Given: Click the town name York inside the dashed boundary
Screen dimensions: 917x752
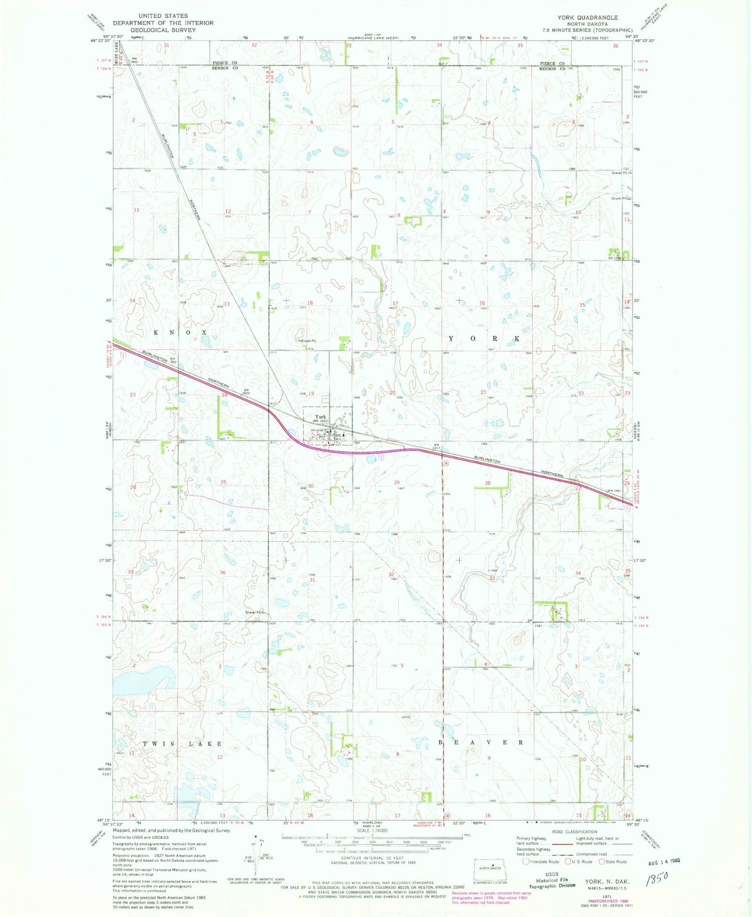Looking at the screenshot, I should click(x=320, y=416).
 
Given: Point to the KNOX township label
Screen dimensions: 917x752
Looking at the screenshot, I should click(x=180, y=333).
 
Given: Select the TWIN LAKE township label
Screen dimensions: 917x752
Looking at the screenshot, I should click(x=182, y=743).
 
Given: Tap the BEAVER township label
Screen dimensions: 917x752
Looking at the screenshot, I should click(x=481, y=742).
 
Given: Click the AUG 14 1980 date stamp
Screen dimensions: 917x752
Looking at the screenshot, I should click(x=660, y=861).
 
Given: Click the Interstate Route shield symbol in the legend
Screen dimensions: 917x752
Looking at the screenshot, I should click(x=525, y=862).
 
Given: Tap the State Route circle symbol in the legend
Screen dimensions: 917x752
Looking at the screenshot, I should click(x=602, y=862).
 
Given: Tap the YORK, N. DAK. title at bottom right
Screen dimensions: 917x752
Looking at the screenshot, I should click(x=607, y=881).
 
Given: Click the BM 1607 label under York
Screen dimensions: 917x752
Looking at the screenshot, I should click(x=321, y=421).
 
